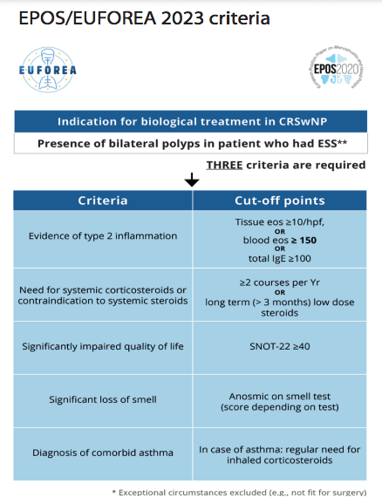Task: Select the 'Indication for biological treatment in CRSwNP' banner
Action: click(190, 121)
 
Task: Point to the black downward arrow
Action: click(192, 180)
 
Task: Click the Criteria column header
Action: click(103, 201)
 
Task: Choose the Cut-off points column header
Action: click(280, 201)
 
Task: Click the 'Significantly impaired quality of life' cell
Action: click(103, 346)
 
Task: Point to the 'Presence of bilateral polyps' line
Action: click(190, 144)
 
